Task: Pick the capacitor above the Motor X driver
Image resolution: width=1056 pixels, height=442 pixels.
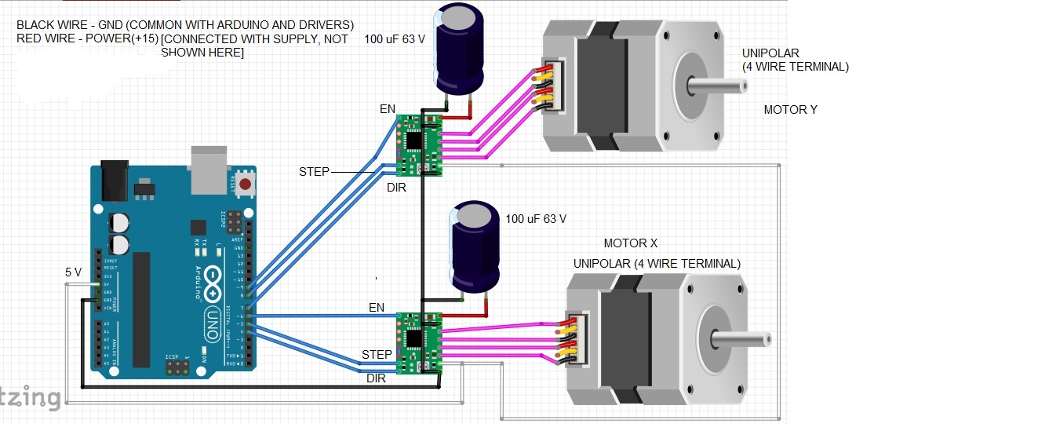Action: pos(475,246)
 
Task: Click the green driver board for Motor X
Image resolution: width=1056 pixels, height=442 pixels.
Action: pos(420,342)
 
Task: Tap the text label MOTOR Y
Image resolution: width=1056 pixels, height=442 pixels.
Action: pos(790,110)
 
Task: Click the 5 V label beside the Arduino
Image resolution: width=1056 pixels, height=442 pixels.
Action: pos(73,272)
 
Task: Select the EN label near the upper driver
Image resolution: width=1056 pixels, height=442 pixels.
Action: pos(388,109)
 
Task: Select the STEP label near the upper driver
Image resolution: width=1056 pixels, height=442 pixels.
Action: pos(314,171)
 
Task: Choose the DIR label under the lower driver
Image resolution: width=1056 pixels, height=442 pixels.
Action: pos(377,378)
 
